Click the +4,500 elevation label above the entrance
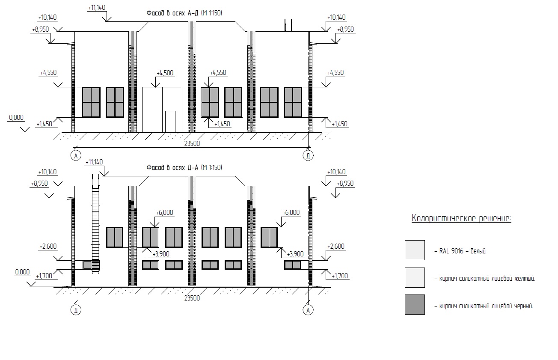165,73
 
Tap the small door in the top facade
170,122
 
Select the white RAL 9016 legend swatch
415,250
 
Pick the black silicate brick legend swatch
415,304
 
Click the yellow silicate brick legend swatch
415,277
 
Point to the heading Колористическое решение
461,218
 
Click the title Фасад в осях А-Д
184,13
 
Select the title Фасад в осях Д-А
184,167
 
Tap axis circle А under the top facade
76,156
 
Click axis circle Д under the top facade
308,156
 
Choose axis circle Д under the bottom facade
76,310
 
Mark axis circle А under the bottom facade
308,310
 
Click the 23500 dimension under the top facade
192,143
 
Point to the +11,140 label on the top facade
97,8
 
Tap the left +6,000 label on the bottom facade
164,212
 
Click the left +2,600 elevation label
48,247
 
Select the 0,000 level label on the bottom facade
23,272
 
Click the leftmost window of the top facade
91,102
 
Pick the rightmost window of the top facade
293,102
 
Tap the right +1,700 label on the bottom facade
340,276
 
